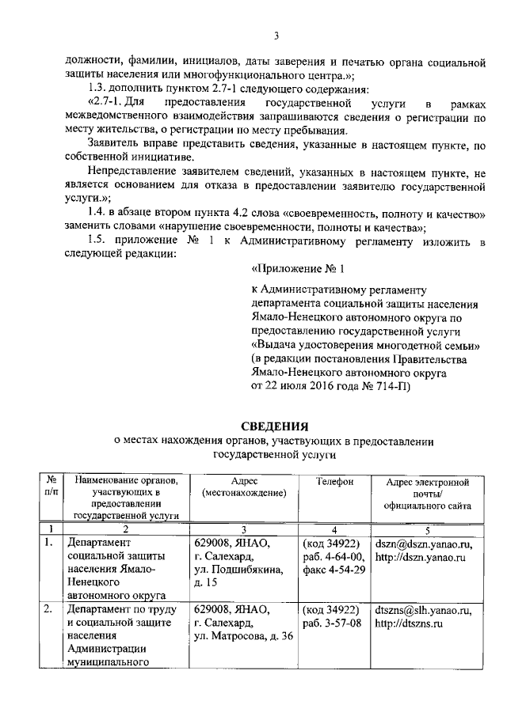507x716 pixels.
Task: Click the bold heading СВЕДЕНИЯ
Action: click(x=253, y=428)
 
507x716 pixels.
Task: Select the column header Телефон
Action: click(x=334, y=481)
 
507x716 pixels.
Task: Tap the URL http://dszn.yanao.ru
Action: click(x=419, y=559)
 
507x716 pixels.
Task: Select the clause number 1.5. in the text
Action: click(x=99, y=241)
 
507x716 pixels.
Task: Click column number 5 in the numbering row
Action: click(x=427, y=529)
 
